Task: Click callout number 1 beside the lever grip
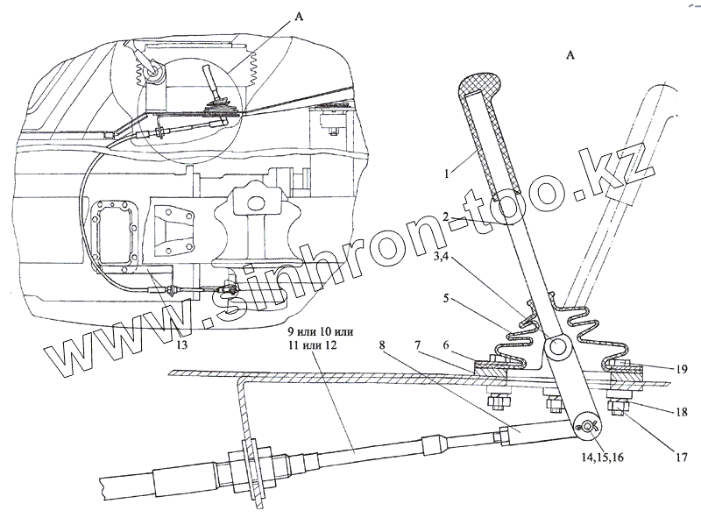point(448,173)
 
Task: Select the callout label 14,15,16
point(599,457)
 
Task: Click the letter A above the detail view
point(570,55)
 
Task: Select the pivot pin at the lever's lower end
point(588,427)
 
